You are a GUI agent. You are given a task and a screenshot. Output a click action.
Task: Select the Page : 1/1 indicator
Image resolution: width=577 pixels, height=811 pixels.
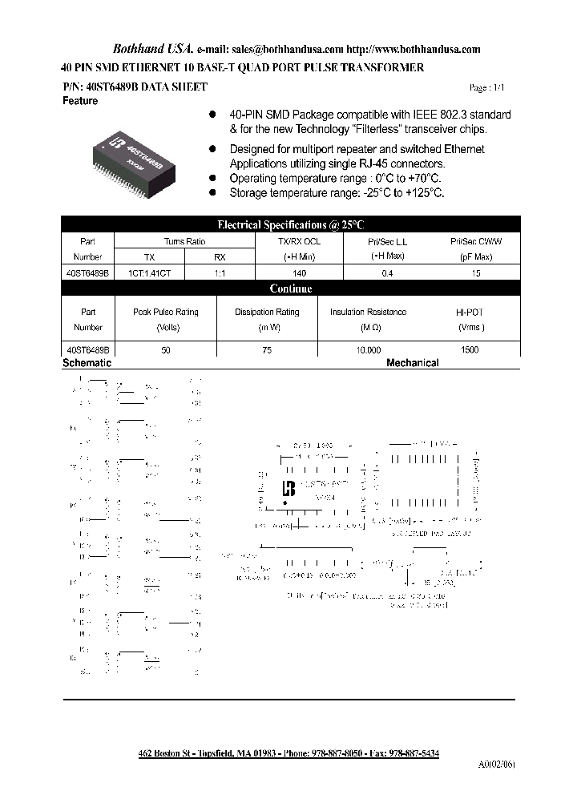(487, 88)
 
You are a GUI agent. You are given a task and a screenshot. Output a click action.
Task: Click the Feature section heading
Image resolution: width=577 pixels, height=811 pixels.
(80, 101)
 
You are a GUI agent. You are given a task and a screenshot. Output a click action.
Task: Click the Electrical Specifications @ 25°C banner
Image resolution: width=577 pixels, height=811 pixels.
(291, 225)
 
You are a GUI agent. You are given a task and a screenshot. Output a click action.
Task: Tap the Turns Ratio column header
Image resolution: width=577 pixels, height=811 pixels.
(185, 241)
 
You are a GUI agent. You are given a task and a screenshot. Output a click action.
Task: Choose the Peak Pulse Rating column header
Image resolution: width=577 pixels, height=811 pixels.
(165, 312)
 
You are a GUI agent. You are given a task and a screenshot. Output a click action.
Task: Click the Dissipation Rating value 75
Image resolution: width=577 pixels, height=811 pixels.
(267, 350)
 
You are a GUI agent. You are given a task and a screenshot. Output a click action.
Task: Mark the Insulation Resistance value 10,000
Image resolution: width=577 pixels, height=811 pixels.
(368, 350)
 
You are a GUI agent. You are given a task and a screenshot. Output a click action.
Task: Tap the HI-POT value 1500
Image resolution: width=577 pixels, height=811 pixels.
(470, 350)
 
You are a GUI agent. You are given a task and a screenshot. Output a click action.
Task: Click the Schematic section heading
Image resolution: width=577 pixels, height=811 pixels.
(87, 363)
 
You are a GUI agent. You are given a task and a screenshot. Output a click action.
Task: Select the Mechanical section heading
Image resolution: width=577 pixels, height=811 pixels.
(413, 363)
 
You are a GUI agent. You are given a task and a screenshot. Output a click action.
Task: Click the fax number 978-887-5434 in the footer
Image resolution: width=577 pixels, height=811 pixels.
(412, 754)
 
